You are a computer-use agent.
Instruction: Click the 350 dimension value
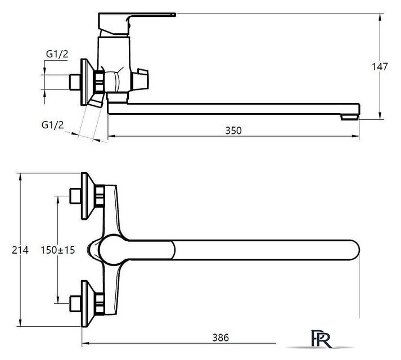[233, 130]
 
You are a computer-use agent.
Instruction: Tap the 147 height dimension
[380, 67]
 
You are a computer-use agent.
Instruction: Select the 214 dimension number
[20, 250]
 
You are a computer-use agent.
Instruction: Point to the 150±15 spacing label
[58, 250]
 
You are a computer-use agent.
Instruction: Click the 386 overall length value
[220, 337]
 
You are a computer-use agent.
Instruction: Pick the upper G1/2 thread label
[57, 54]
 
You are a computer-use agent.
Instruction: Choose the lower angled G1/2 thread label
[52, 125]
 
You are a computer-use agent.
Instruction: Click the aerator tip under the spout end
[350, 117]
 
